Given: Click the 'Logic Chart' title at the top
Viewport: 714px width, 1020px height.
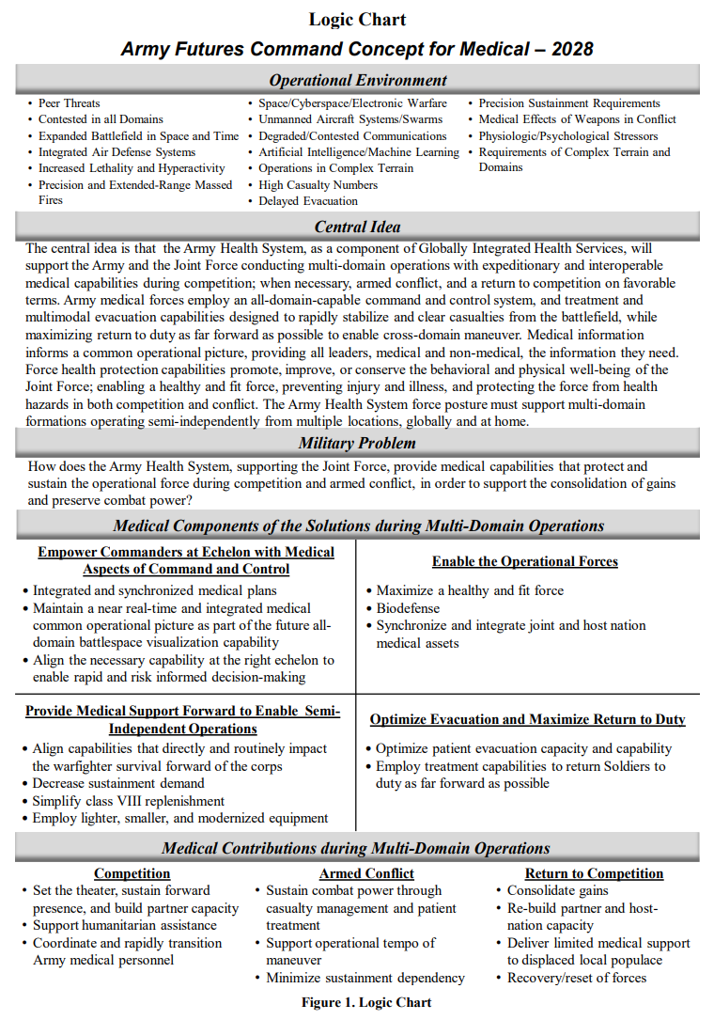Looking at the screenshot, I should pos(357,19).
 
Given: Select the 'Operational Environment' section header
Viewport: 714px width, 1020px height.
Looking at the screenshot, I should pos(358,80).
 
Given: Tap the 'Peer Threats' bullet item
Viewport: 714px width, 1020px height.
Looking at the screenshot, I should pos(69,103).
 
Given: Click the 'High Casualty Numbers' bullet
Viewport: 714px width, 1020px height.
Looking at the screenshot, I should pos(318,185).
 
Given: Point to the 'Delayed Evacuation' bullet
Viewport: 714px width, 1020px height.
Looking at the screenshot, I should pos(308,201).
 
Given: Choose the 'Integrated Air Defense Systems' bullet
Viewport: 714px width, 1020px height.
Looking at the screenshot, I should pos(116,152).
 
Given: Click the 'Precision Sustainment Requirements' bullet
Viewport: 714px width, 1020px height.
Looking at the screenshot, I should pos(569,103).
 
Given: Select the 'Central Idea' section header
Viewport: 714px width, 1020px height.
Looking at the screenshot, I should pos(357,227).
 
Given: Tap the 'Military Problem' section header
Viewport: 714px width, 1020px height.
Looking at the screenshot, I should pos(357,444).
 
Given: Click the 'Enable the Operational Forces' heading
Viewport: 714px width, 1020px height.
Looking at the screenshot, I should pos(524,561).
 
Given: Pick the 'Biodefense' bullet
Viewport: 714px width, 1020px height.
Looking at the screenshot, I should pos(408,608).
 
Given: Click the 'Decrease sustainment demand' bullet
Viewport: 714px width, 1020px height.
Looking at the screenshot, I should pos(118,783).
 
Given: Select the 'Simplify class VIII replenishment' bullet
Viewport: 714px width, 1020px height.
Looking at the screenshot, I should pos(129,801).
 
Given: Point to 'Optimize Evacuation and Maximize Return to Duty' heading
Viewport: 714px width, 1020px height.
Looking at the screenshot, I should pos(527,719).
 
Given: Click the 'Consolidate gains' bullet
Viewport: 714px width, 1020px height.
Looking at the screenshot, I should pos(558,890).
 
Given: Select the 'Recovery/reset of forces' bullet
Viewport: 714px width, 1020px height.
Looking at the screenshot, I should pos(577,978).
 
